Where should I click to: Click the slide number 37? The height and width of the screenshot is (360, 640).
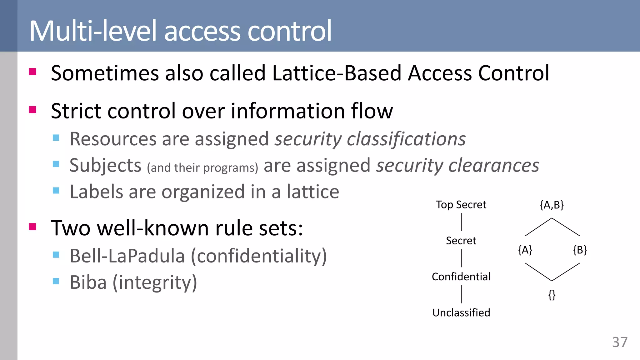pyautogui.click(x=620, y=342)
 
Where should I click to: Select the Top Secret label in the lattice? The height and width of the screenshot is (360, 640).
pyautogui.click(x=461, y=205)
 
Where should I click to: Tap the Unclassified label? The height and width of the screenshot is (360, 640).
pyautogui.click(x=461, y=312)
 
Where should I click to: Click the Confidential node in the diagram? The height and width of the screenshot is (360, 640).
pyautogui.click(x=461, y=277)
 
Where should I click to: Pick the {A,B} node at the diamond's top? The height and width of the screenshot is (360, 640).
pyautogui.click(x=552, y=205)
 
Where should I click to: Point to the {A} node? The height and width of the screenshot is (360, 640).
pyautogui.click(x=525, y=250)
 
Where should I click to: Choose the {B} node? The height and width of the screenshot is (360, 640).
pyautogui.click(x=580, y=250)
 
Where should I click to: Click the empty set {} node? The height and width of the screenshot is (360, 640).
pyautogui.click(x=552, y=295)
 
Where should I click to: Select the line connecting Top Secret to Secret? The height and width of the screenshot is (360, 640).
pyautogui.click(x=461, y=222)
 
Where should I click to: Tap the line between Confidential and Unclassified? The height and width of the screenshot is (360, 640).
pyautogui.click(x=461, y=294)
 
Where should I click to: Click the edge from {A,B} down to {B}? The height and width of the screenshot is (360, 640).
pyautogui.click(x=566, y=227)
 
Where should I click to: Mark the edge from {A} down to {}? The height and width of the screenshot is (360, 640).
pyautogui.click(x=538, y=272)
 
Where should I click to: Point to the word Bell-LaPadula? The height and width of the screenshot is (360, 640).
pyautogui.click(x=127, y=256)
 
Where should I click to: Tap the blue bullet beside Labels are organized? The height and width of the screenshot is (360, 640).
pyautogui.click(x=56, y=191)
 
